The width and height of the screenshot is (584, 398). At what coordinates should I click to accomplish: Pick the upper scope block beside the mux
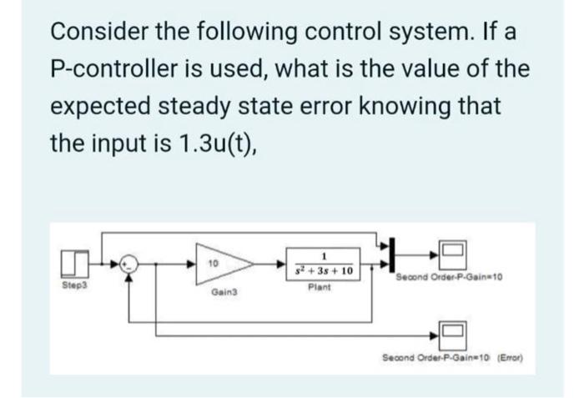pyautogui.click(x=452, y=250)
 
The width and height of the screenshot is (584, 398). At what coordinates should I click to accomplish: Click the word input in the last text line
pyautogui.click(x=132, y=144)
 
